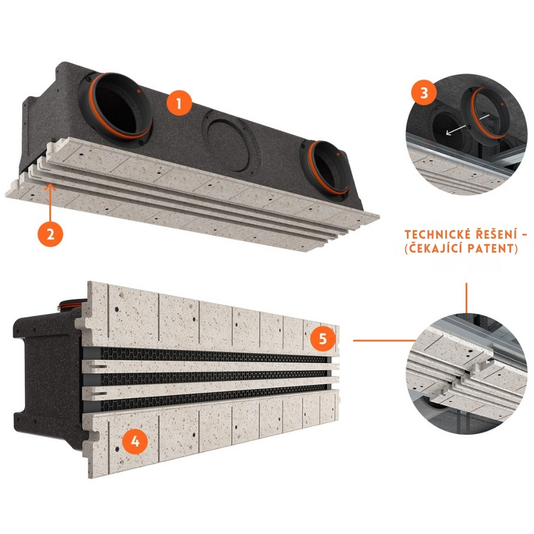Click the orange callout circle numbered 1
point(179,103)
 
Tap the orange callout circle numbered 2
point(50,234)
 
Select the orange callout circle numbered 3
point(424,92)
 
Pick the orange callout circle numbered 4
point(135,442)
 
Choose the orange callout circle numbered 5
point(323,339)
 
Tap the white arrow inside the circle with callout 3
point(468,124)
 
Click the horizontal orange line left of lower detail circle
point(384,340)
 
